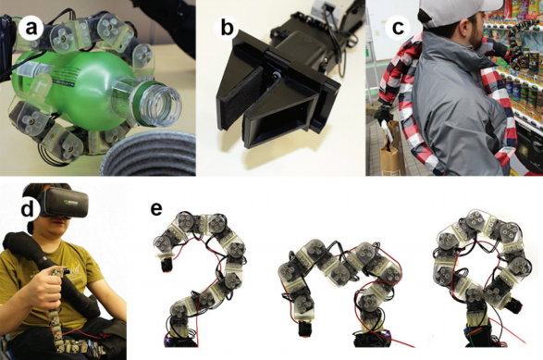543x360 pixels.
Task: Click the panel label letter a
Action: click(x=31, y=28)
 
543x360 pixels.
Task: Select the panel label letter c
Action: click(x=398, y=27)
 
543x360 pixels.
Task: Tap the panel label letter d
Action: click(x=28, y=209)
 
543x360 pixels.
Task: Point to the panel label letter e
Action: click(x=156, y=208)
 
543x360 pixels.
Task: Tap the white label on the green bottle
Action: click(x=31, y=70)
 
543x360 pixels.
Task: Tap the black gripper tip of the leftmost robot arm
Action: click(x=166, y=265)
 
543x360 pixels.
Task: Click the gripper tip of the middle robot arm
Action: click(x=304, y=329)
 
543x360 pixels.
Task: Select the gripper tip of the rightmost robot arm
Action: click(x=516, y=305)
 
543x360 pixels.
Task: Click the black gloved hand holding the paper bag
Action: click(x=385, y=114)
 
